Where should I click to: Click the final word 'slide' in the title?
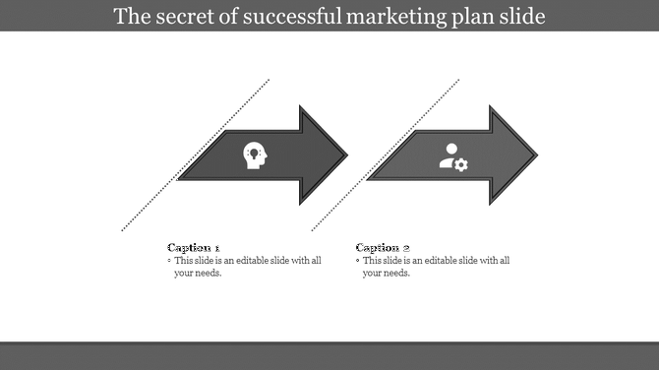(x=521, y=17)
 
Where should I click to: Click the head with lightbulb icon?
(x=255, y=155)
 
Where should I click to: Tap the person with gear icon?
(x=452, y=156)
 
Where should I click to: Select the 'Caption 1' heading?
(x=194, y=247)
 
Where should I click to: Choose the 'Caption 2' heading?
(x=382, y=247)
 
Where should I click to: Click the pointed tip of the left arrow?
(x=346, y=155)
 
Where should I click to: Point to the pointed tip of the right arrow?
(x=537, y=155)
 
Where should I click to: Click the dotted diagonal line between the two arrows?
(x=386, y=155)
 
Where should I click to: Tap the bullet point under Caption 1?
(x=169, y=261)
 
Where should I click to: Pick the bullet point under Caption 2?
(x=358, y=261)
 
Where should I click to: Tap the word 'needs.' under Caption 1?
(x=208, y=273)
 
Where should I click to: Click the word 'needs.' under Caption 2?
(x=395, y=273)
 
